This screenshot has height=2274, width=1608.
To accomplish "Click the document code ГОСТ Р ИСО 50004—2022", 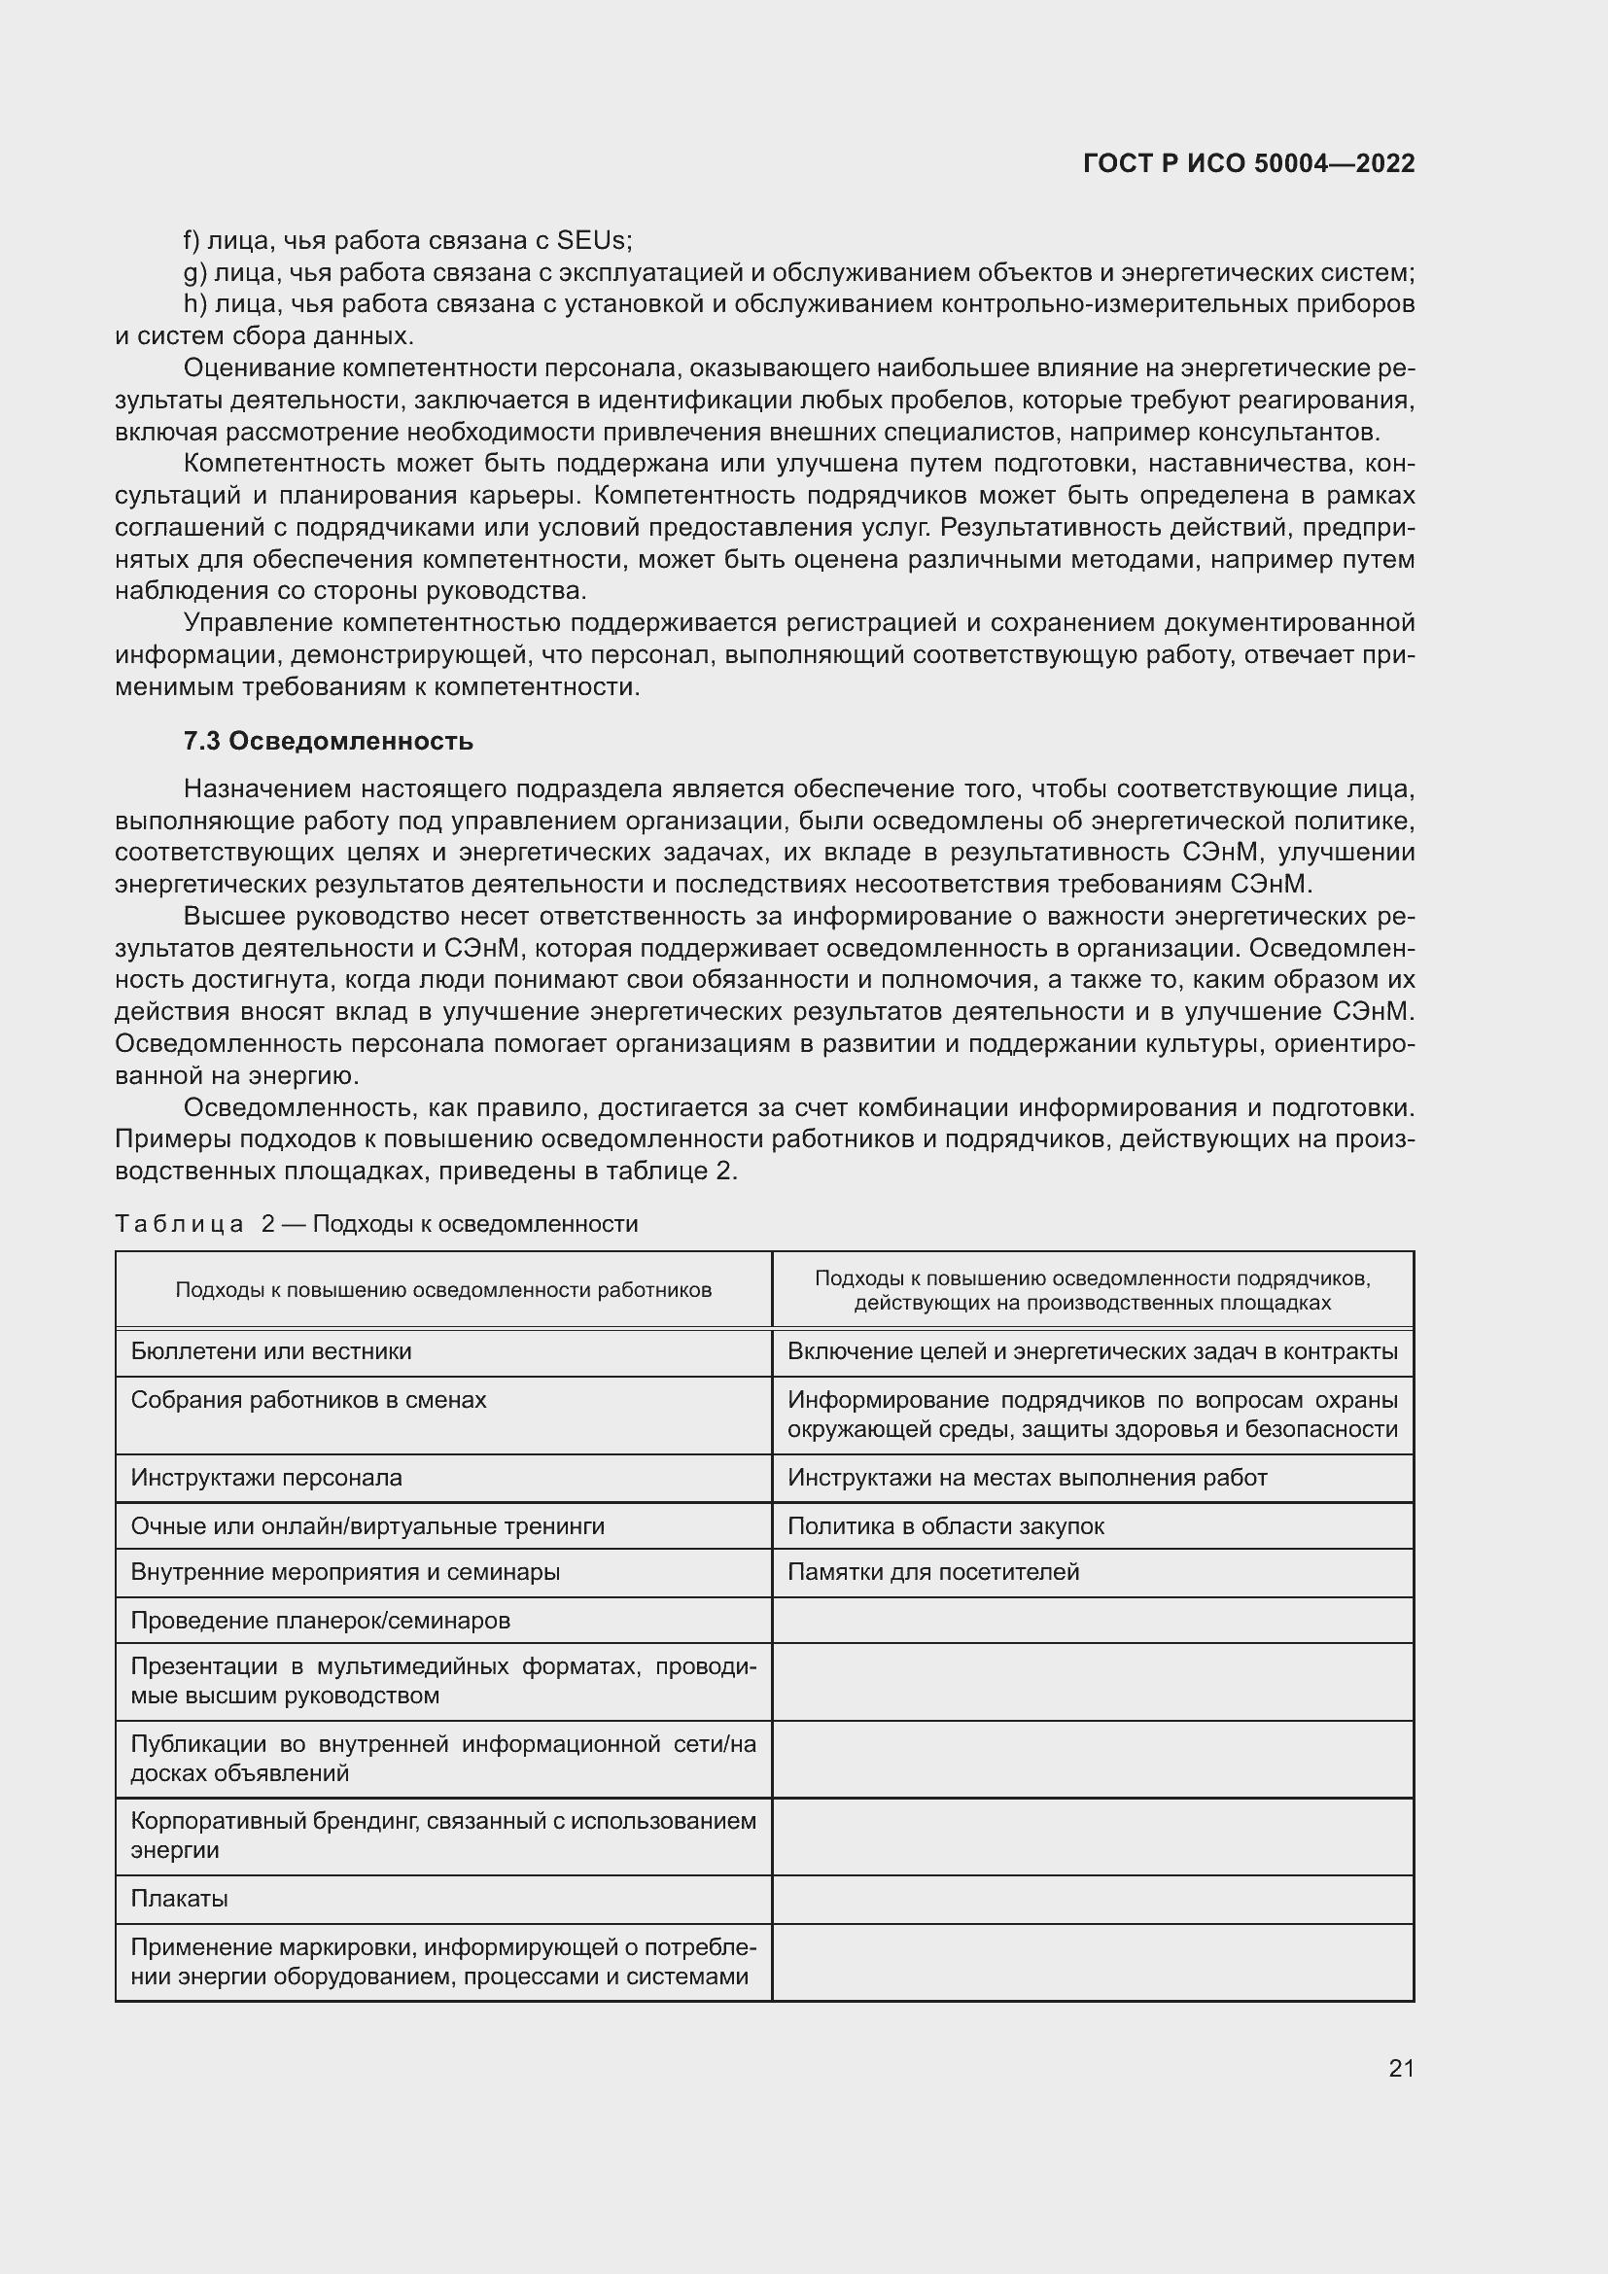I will coord(1248,163).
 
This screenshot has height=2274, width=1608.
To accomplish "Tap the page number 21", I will coord(1400,2068).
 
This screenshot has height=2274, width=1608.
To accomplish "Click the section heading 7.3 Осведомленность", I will coord(328,741).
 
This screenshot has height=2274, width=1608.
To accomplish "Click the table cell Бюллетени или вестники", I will coord(271,1352).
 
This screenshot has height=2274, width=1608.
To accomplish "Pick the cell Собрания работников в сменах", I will coord(309,1400).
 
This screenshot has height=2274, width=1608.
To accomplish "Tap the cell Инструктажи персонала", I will coord(266,1478).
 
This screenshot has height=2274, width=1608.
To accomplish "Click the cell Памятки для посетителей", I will coord(932,1572).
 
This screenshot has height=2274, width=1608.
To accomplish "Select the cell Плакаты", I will coord(179,1899).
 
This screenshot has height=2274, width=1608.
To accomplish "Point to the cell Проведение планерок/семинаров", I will coord(321,1621).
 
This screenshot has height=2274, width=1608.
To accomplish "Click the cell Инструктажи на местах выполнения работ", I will coord(1027,1478).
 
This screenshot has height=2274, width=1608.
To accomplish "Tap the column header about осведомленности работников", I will coord(443,1289).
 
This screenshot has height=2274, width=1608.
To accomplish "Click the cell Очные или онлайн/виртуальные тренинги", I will coord(367,1526).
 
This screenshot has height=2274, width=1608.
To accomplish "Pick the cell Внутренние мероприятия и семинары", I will coord(345,1572).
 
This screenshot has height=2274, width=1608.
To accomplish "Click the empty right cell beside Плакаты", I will coord(1092,1899).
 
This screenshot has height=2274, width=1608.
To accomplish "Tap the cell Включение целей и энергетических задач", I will coord(1092,1352).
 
